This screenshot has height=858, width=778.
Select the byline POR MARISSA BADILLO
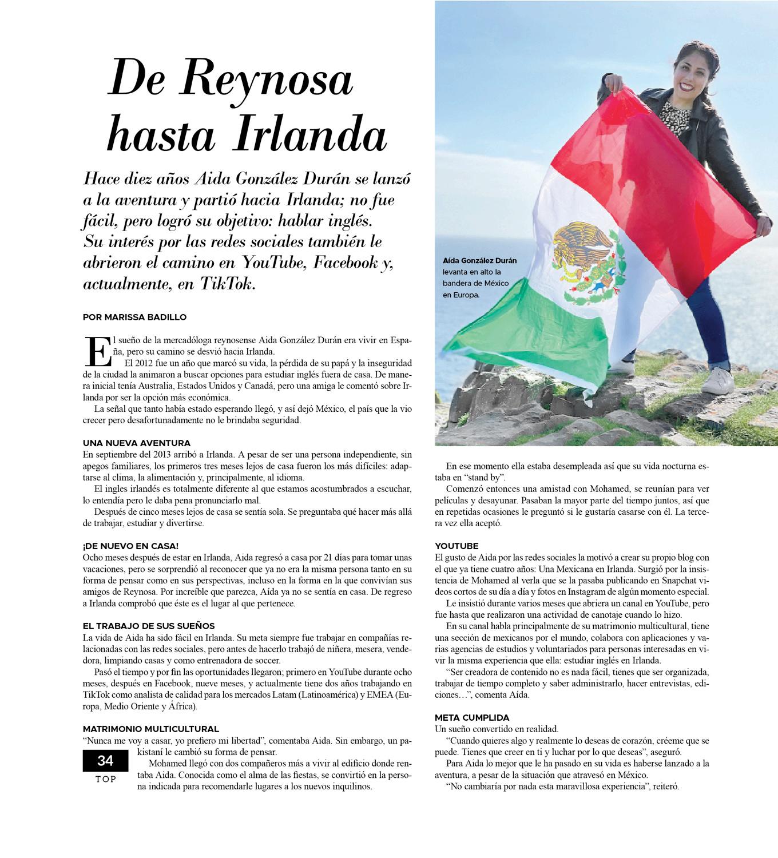[135, 317]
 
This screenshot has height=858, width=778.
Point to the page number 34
[105, 761]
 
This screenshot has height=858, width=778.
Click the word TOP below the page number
[106, 780]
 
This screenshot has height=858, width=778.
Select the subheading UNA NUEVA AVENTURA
[137, 443]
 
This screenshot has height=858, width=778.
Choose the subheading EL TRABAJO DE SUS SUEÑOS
[149, 626]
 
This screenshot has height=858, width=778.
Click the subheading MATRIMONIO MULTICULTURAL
[150, 729]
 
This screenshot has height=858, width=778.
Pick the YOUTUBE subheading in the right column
[457, 546]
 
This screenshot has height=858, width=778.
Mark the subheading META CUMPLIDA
[472, 717]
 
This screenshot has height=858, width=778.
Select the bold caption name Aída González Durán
[480, 261]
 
